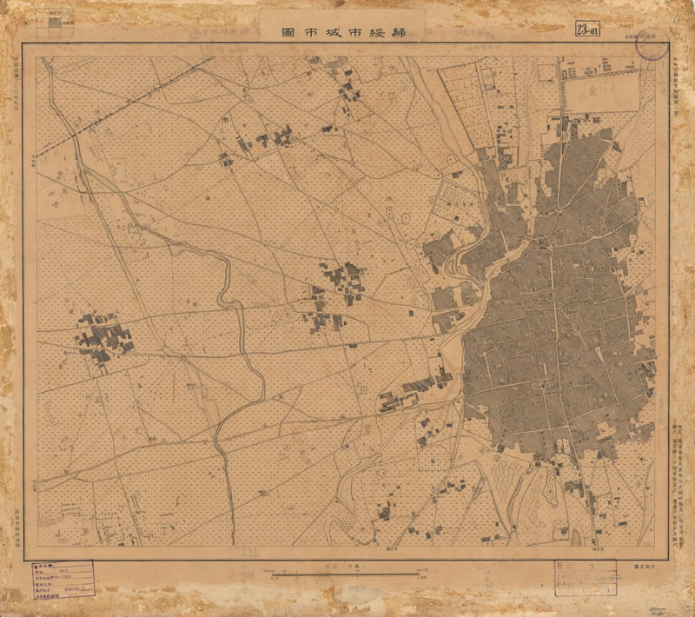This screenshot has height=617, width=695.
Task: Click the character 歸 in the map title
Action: [406, 33]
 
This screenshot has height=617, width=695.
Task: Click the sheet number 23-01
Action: [587, 31]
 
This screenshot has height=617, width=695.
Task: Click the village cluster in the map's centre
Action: [341, 282]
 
